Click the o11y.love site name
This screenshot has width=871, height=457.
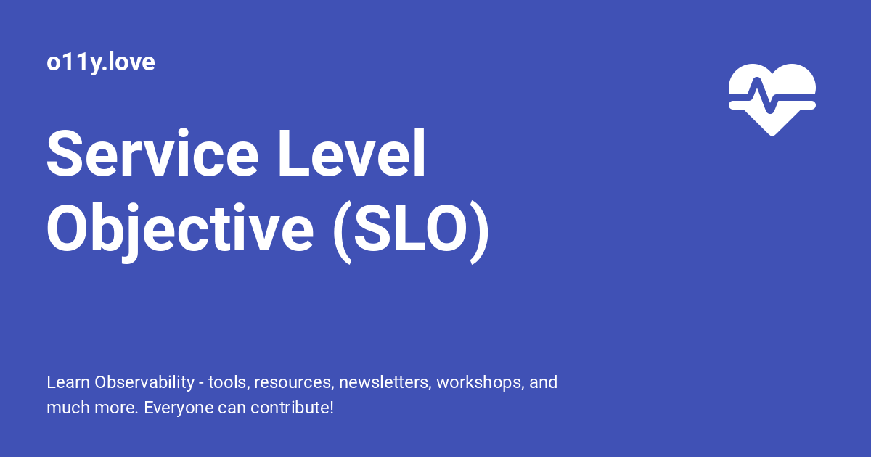[x=101, y=62]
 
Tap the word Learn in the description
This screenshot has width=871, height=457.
[x=68, y=382]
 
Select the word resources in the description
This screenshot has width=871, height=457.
[x=294, y=382]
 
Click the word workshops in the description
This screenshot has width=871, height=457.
[x=480, y=382]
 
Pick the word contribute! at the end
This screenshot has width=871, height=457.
[x=292, y=408]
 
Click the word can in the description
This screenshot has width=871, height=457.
[x=226, y=408]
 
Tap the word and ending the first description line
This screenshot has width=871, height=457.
[x=544, y=382]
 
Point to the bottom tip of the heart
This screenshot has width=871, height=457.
[x=772, y=133]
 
